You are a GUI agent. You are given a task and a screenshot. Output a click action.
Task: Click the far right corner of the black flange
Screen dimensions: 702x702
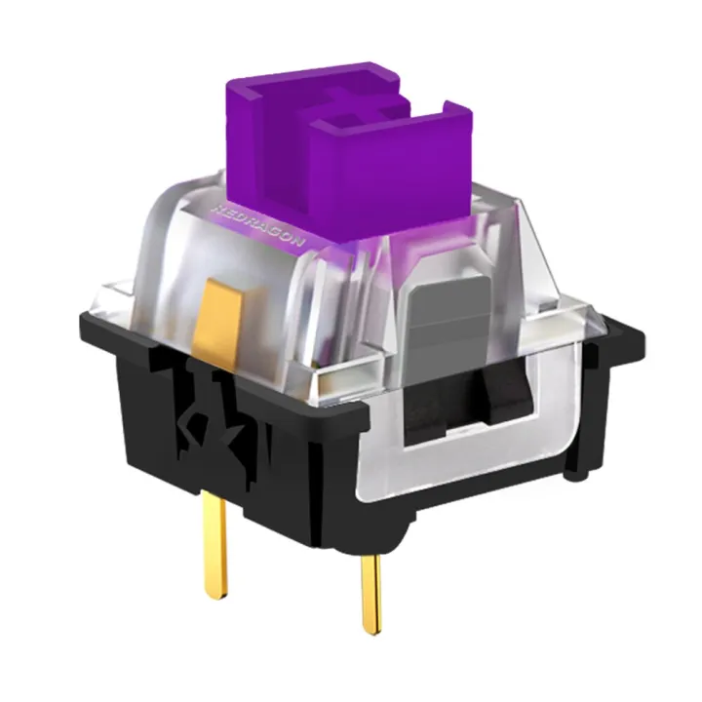pyautogui.click(x=639, y=336)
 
